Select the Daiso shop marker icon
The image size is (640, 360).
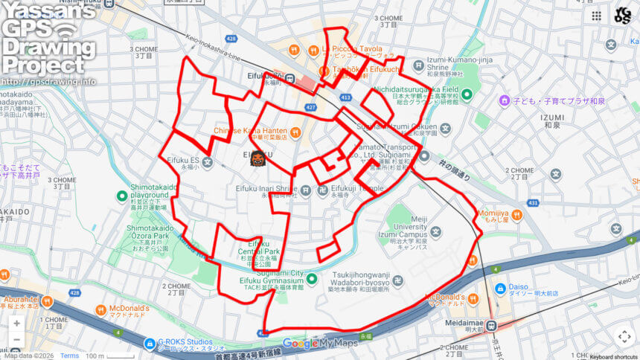tap(502, 287)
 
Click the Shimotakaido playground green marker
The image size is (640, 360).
tap(122, 196)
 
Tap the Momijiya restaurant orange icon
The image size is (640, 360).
tap(516, 215)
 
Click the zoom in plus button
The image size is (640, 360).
tap(16, 324)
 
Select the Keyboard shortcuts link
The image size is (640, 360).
tap(614, 356)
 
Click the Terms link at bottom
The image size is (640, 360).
tap(69, 356)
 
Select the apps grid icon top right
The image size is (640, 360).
tap(596, 15)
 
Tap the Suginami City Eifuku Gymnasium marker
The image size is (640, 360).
tap(313, 280)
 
